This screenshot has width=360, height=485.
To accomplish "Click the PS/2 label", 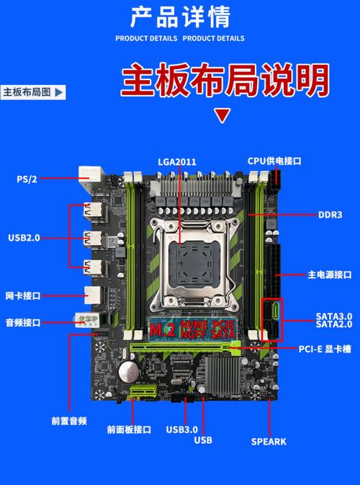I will (x=27, y=179).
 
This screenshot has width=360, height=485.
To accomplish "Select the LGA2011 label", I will (x=177, y=161).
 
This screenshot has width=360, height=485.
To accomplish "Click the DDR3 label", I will (x=330, y=215).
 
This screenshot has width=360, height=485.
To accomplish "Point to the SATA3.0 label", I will (x=333, y=316).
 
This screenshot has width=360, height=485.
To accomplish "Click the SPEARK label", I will (x=269, y=441).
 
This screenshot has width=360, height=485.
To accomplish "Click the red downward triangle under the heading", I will (x=223, y=115).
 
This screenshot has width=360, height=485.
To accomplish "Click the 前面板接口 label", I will (x=129, y=430).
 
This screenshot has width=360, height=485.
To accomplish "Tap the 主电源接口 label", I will (x=329, y=275).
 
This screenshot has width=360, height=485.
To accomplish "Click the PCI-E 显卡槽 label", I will (x=325, y=350).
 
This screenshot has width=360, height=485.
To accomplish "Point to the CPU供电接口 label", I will (x=274, y=161).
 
